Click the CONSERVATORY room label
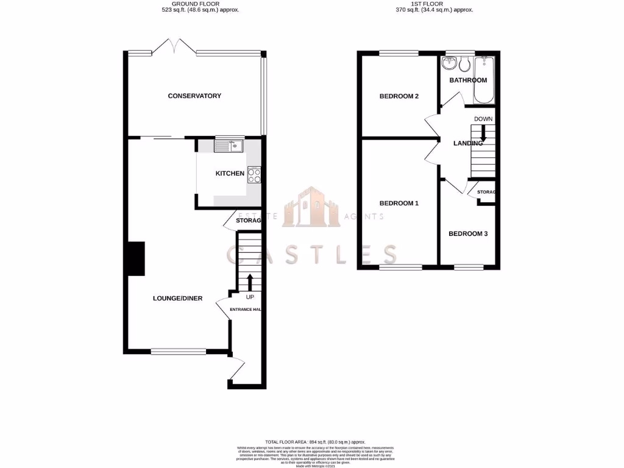pos(194,96)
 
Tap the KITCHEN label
pos(230,174)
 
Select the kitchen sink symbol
pos(229,146)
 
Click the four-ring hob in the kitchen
pos(254,175)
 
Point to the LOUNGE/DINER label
pos(177,299)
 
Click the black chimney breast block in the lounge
pos(135,258)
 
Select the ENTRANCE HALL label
pos(246,310)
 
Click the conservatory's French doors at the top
pos(174,47)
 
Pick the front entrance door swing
pos(238,370)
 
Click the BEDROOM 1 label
pos(399,203)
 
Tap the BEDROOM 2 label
pos(399,96)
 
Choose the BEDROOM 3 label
pos(468,233)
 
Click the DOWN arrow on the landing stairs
pos(483,133)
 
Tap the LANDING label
pos(468,143)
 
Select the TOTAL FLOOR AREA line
pos(314,441)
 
